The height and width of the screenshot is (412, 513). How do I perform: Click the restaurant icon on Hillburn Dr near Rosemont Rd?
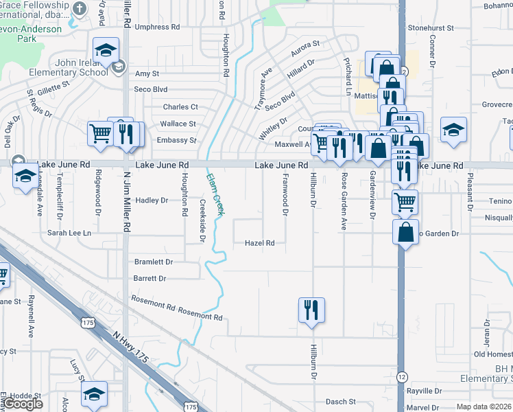click(x=311, y=310)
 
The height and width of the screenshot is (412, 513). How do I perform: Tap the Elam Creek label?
click(x=213, y=194)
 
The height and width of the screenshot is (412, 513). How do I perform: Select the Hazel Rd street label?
click(x=260, y=243)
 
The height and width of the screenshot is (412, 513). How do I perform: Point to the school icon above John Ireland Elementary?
click(x=106, y=50)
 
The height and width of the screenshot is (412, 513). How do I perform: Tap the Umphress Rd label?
click(x=157, y=27)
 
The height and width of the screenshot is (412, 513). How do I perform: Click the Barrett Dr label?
click(x=150, y=279)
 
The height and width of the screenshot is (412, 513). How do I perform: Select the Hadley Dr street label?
click(x=152, y=201)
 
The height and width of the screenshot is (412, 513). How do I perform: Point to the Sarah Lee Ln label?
click(x=69, y=233)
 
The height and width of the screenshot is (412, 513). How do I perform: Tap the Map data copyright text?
click(x=484, y=407)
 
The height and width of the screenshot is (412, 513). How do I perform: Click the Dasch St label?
click(x=340, y=402)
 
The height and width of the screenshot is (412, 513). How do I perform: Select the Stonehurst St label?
click(x=431, y=28)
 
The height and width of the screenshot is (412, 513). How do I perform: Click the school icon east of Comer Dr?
click(x=453, y=130)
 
